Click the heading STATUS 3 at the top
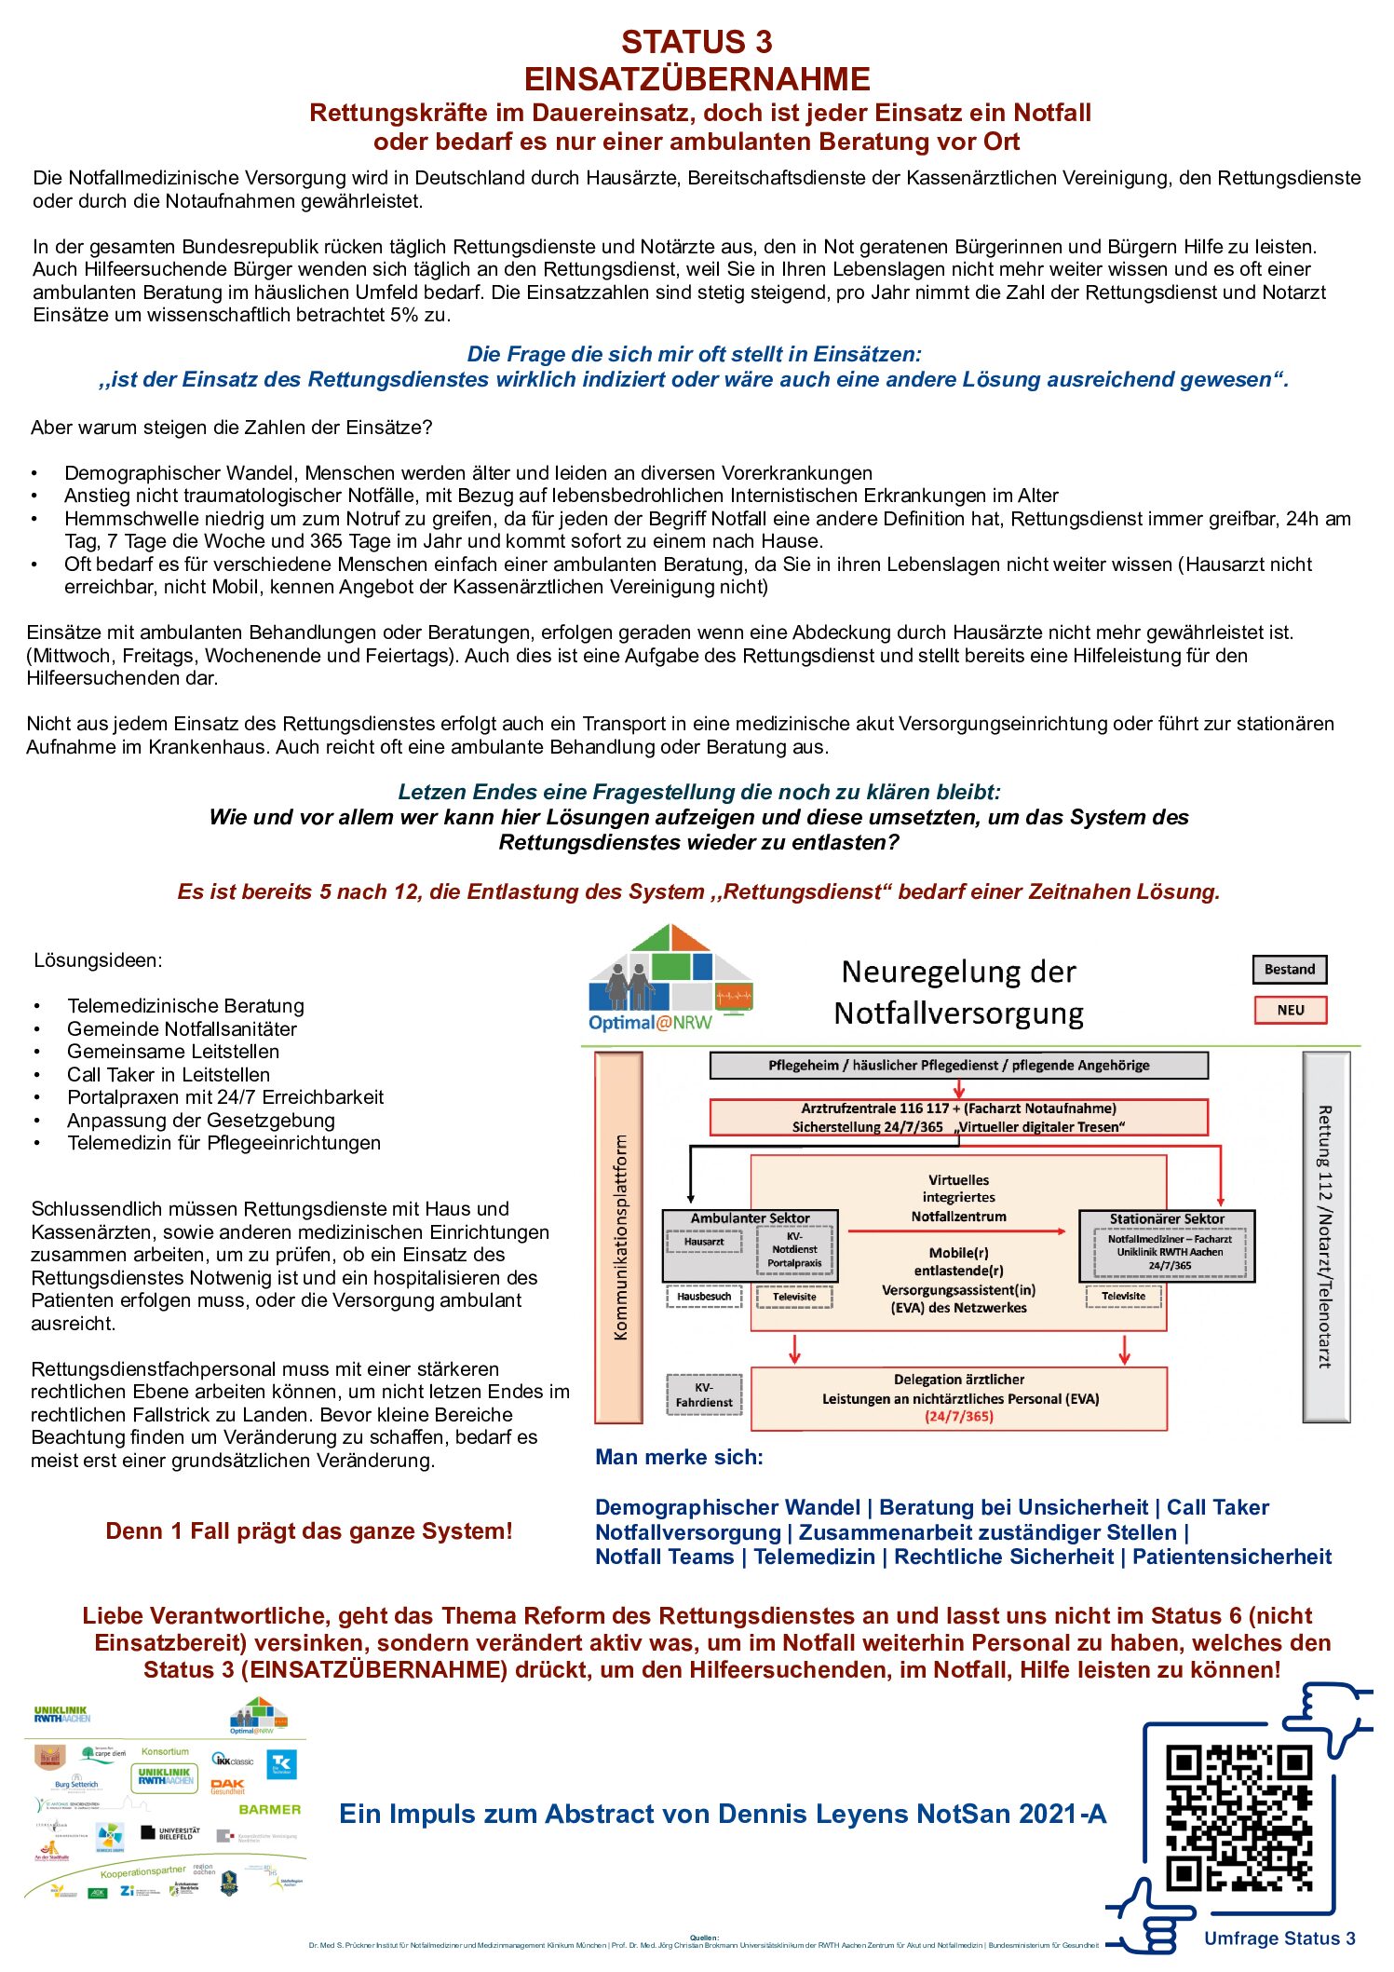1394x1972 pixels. [697, 42]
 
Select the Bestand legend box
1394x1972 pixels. [1289, 970]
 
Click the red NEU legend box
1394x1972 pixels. [1290, 1011]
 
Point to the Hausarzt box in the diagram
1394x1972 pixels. [704, 1242]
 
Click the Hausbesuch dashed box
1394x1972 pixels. [704, 1297]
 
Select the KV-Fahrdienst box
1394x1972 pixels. [704, 1394]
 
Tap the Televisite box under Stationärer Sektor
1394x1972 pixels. [1123, 1297]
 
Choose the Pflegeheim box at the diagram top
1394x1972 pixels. [958, 1066]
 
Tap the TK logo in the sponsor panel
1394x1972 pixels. [282, 1764]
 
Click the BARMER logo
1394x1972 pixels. [269, 1810]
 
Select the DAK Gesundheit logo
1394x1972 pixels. [227, 1787]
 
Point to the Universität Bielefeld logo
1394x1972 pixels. [169, 1833]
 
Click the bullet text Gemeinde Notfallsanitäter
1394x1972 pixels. [182, 1029]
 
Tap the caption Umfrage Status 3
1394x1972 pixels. [1279, 1938]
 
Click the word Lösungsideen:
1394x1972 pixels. [98, 960]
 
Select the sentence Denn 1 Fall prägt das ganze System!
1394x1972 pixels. [309, 1531]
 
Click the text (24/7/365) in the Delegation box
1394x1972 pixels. [958, 1417]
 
